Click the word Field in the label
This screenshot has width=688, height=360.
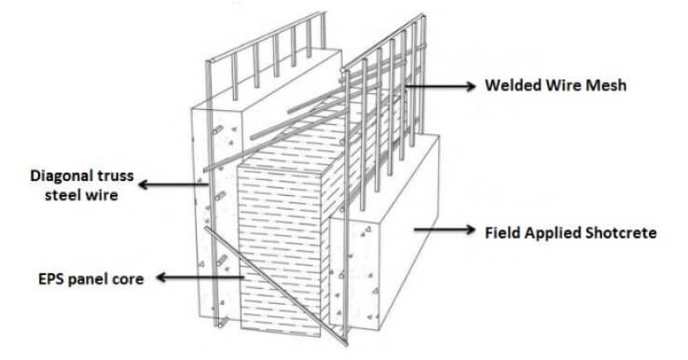click(506, 231)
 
